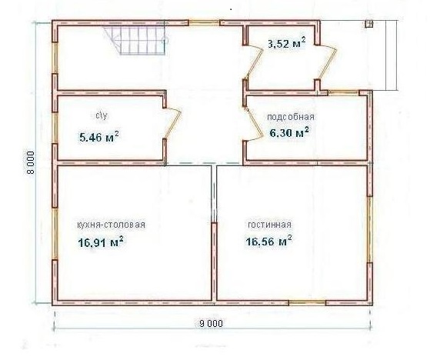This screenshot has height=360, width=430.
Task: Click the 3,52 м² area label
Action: pos(287,43)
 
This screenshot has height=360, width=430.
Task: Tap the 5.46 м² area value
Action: pos(98,136)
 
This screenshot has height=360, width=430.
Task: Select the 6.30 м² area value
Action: pos(289,133)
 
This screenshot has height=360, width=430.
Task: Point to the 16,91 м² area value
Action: pos(100,242)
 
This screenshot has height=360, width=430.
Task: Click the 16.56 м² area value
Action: pos(268,241)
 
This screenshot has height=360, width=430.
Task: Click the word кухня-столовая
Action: pos(111,225)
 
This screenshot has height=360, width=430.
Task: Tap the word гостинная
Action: pos(269,225)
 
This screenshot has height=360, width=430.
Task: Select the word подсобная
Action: pos(291,117)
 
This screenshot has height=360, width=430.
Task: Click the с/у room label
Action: pos(102,115)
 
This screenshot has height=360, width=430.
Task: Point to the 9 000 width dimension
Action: pos(211,324)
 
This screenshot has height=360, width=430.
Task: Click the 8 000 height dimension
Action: pos(31,162)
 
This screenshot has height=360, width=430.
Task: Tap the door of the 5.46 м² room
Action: pos(173,122)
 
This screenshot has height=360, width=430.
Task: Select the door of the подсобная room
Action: pos(252,125)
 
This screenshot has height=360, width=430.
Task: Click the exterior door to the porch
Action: pos(327,62)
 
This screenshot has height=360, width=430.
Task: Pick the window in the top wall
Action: pos(203,22)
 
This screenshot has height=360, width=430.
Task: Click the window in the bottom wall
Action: pos(307,303)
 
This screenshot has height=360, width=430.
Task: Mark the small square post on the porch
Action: pos(368,24)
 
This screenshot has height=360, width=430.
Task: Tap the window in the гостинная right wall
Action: pos(370,229)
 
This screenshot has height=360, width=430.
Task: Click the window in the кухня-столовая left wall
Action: pos(55,233)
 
